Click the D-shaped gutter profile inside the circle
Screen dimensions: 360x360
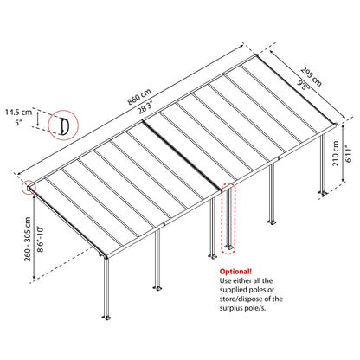(x=63, y=125)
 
